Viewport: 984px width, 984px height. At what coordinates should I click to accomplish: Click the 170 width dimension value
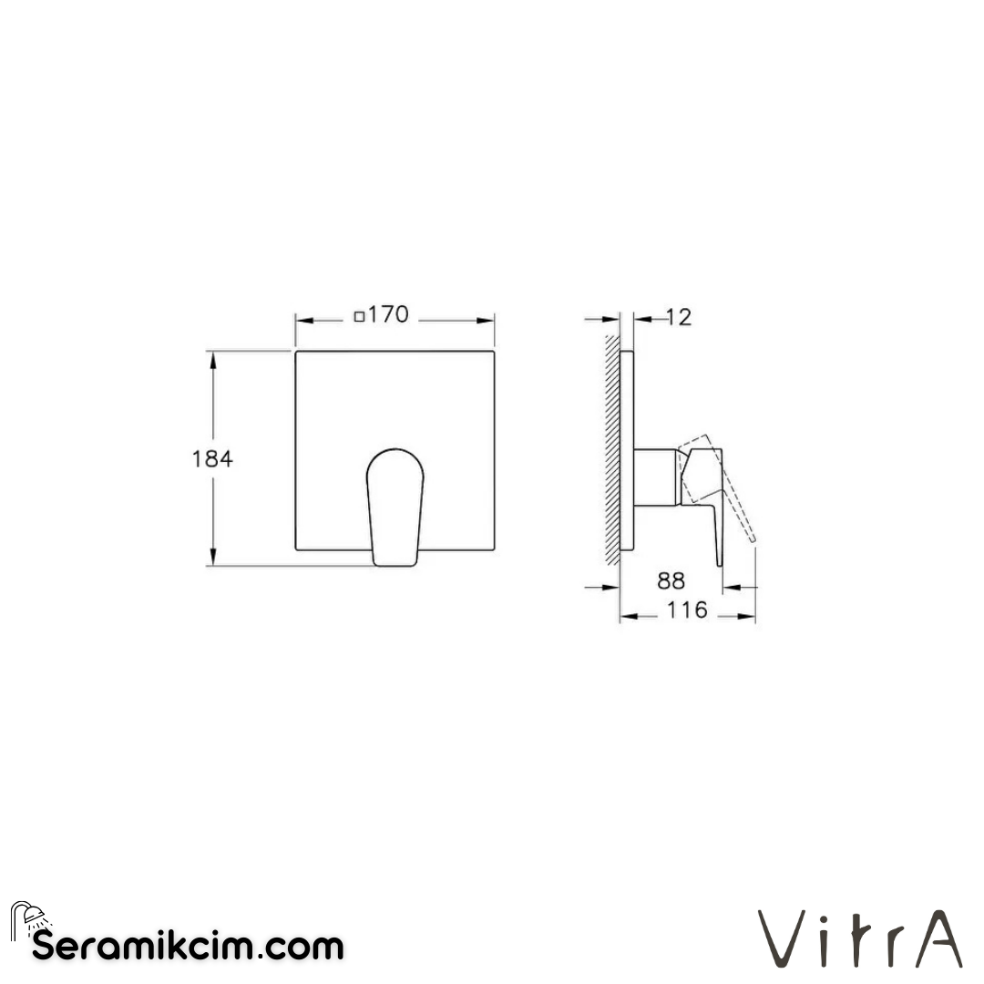[390, 316]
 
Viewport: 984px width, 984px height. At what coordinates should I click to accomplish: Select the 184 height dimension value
[212, 459]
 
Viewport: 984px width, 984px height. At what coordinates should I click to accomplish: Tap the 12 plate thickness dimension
[679, 317]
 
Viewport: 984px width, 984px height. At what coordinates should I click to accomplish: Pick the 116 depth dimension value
[687, 610]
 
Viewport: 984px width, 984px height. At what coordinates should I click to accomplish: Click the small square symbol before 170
[360, 317]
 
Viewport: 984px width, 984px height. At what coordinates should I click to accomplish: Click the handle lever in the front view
[394, 506]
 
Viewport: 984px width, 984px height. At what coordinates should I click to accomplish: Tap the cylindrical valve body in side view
[655, 477]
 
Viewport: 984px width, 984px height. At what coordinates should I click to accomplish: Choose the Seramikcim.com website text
[188, 946]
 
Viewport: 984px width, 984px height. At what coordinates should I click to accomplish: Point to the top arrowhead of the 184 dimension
[214, 357]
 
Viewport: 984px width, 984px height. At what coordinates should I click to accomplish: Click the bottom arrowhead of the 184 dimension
[214, 559]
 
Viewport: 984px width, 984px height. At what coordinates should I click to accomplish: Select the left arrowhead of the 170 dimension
[302, 320]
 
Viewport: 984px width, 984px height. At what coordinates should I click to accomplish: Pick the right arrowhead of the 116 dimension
[750, 617]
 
